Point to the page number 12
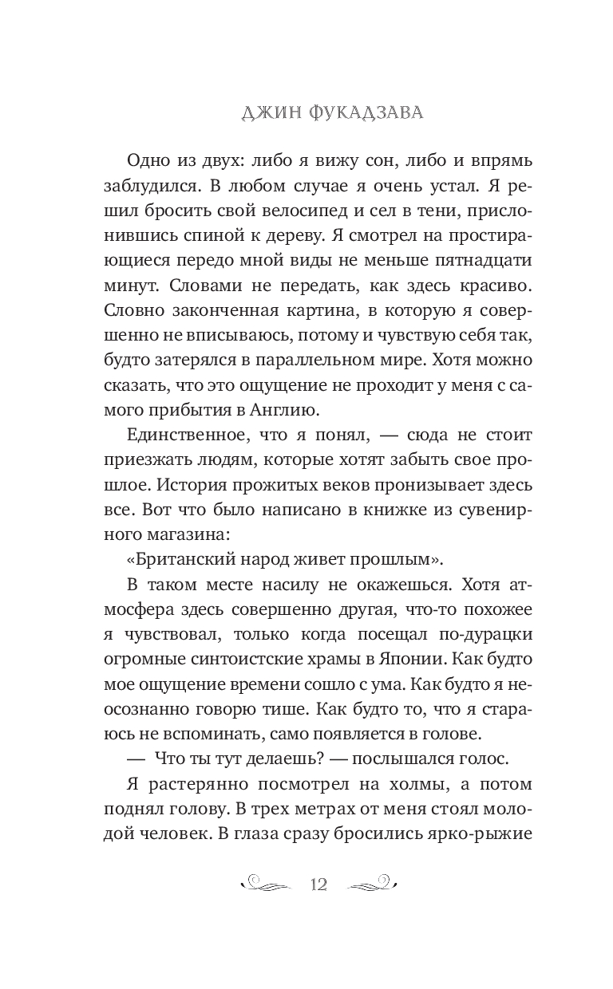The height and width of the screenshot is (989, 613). pos(318,883)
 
